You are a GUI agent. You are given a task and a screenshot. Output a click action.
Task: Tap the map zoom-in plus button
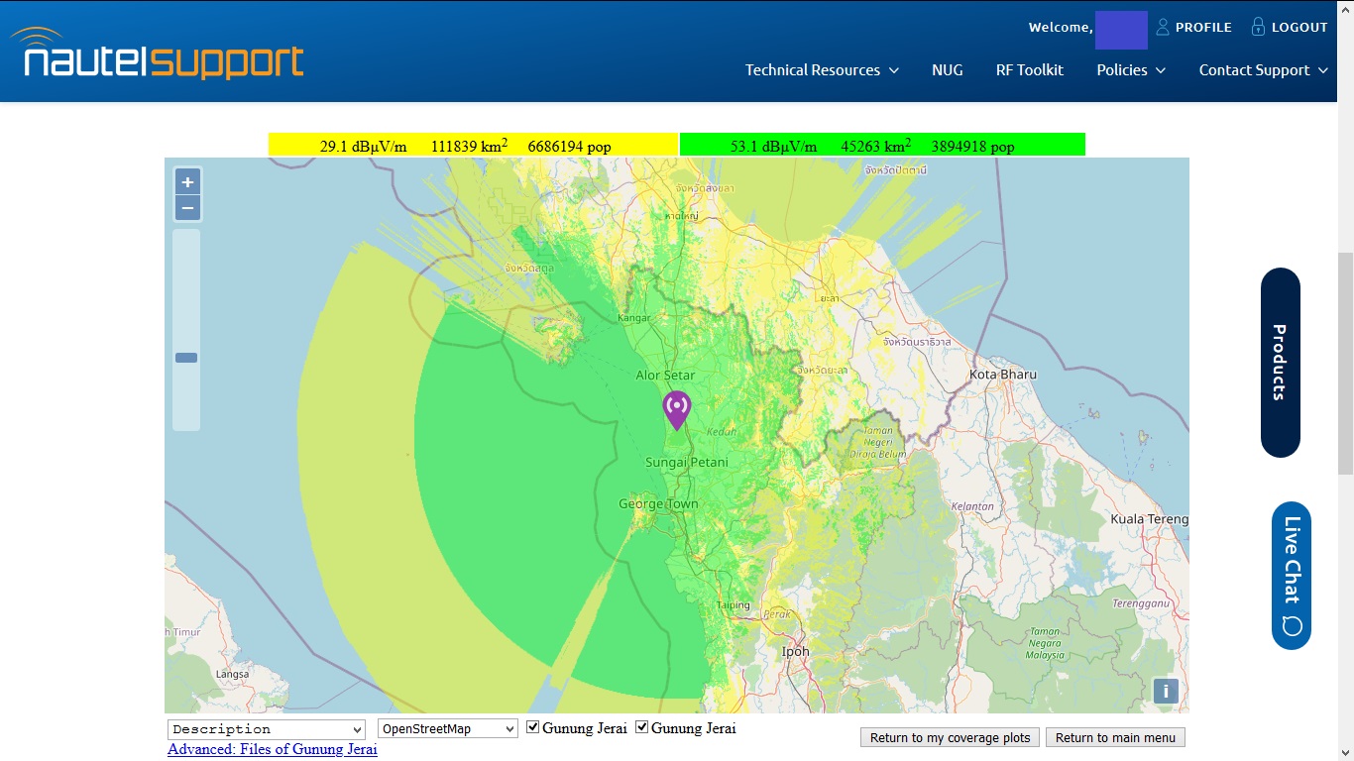(187, 182)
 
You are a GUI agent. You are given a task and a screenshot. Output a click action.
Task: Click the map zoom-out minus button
(187, 208)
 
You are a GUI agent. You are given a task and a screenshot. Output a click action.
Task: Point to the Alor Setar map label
(665, 376)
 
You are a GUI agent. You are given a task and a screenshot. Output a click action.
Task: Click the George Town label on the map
(658, 503)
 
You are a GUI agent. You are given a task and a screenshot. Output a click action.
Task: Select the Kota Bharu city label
(1003, 375)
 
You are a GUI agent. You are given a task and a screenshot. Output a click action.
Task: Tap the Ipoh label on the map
(795, 651)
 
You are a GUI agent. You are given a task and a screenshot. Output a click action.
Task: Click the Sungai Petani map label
(686, 462)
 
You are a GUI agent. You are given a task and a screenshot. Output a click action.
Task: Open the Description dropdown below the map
(267, 729)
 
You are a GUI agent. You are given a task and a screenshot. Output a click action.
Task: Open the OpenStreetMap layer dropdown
(448, 729)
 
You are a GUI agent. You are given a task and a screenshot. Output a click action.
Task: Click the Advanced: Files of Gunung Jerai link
(273, 749)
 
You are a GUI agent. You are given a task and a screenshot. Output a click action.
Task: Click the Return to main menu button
(1115, 737)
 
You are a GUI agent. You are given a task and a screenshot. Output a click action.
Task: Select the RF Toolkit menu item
(1029, 70)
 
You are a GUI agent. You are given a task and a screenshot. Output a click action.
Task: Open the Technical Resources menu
(822, 70)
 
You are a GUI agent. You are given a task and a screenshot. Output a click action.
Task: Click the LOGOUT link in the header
(1289, 28)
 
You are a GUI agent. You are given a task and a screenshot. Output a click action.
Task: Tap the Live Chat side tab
(1292, 575)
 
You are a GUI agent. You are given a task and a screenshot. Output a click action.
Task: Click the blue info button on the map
(1166, 692)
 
